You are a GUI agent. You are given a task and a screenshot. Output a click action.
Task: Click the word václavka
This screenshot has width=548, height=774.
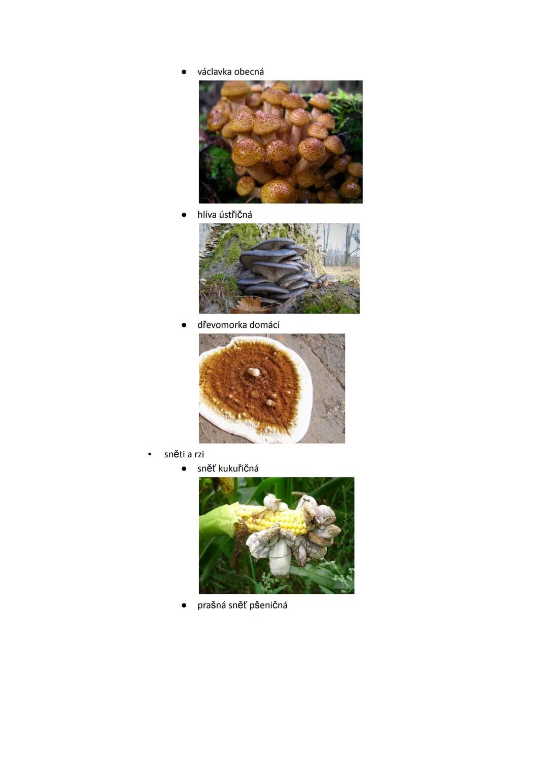point(214,72)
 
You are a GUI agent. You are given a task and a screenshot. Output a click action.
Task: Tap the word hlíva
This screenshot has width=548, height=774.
point(208,215)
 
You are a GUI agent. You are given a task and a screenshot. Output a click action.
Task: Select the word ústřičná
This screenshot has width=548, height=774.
point(236,215)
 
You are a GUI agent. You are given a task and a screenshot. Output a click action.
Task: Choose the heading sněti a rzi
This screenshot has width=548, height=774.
point(184,454)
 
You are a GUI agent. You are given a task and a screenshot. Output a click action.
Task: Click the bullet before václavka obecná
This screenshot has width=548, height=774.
point(184,72)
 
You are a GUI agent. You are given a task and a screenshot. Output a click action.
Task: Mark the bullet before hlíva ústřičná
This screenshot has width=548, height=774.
point(184,215)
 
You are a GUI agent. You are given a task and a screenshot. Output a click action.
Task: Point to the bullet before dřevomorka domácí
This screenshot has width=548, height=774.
point(184,325)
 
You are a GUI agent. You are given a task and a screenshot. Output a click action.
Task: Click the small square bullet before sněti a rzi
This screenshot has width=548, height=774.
point(149,454)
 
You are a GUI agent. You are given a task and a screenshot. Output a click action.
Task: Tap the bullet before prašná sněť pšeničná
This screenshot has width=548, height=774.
point(184,605)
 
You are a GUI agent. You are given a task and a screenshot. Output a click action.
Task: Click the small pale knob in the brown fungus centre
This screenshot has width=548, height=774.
point(254,372)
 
